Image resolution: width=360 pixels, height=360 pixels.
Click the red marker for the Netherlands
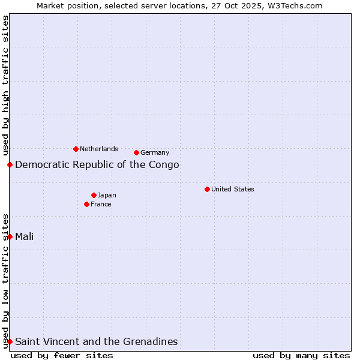pyautogui.click(x=76, y=149)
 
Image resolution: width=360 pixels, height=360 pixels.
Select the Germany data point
pyautogui.click(x=136, y=152)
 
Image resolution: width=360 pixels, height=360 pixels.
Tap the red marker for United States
pyautogui.click(x=207, y=189)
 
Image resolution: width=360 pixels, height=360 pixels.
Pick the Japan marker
pyautogui.click(x=94, y=195)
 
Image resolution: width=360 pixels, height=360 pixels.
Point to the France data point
pyautogui.click(x=86, y=204)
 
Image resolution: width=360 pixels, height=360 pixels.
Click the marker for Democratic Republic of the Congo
pyautogui.click(x=10, y=164)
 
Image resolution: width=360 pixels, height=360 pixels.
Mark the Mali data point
pyautogui.click(x=10, y=236)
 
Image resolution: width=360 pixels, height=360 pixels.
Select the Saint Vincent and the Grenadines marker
pyautogui.click(x=10, y=341)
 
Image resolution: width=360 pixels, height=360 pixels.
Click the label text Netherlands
pyautogui.click(x=99, y=149)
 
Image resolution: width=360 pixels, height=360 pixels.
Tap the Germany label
pyautogui.click(x=155, y=152)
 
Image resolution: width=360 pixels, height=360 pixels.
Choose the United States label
pyautogui.click(x=233, y=189)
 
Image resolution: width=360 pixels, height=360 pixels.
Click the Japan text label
pyautogui.click(x=107, y=195)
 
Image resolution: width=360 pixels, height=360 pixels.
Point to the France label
pyautogui.click(x=101, y=204)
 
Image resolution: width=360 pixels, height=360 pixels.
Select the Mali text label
pyautogui.click(x=25, y=236)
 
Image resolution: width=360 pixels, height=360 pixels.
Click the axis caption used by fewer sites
pyautogui.click(x=62, y=355)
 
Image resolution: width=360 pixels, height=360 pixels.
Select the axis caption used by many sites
pyautogui.click(x=301, y=355)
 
